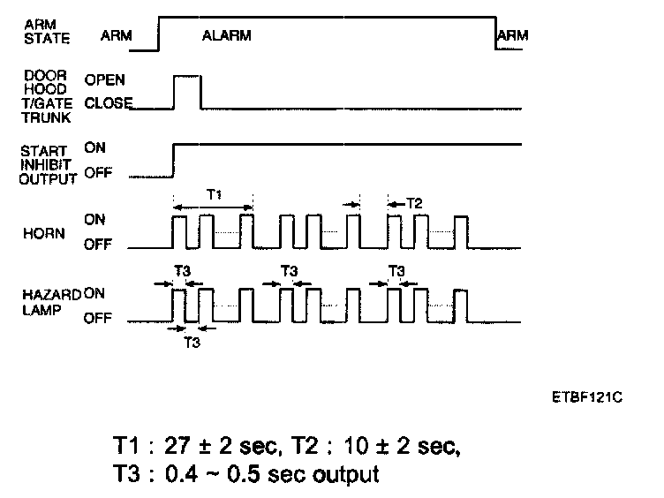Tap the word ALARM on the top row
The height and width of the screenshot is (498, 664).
point(226,36)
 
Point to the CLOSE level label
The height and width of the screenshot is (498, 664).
point(108,103)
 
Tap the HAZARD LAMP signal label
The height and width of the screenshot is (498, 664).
point(41,298)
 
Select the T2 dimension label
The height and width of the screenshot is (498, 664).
point(413,203)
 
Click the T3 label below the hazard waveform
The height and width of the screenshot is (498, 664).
point(192,342)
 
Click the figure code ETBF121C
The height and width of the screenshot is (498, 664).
point(586,397)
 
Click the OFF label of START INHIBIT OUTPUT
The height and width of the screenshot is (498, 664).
point(98,173)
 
